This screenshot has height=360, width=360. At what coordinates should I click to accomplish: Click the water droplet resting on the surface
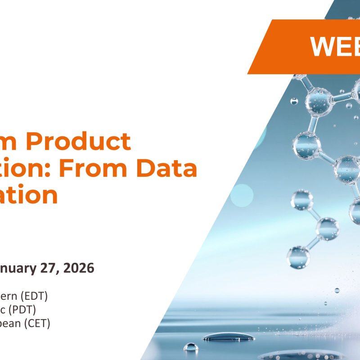click(x=191, y=347)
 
